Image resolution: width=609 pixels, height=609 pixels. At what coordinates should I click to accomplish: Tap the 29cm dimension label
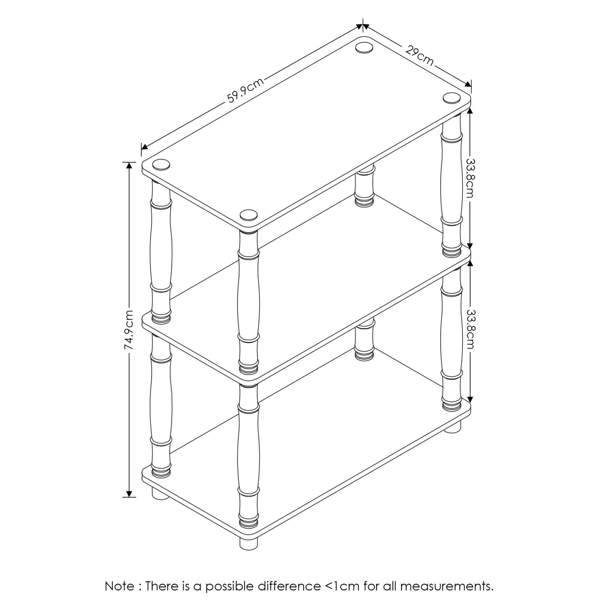pos(419,56)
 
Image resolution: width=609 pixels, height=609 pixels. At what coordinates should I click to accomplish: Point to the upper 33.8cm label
pos(470,178)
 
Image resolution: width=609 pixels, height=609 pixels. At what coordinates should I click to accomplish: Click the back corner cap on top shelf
pos(364,47)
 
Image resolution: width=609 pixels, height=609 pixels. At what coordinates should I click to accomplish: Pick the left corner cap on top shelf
pos(161,164)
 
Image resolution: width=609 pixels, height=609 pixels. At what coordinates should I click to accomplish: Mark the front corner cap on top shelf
pos(248,215)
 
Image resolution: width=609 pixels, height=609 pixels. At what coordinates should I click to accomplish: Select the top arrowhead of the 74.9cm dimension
pos(129,165)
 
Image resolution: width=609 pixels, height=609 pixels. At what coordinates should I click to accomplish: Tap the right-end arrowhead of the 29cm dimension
pos(468,84)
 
